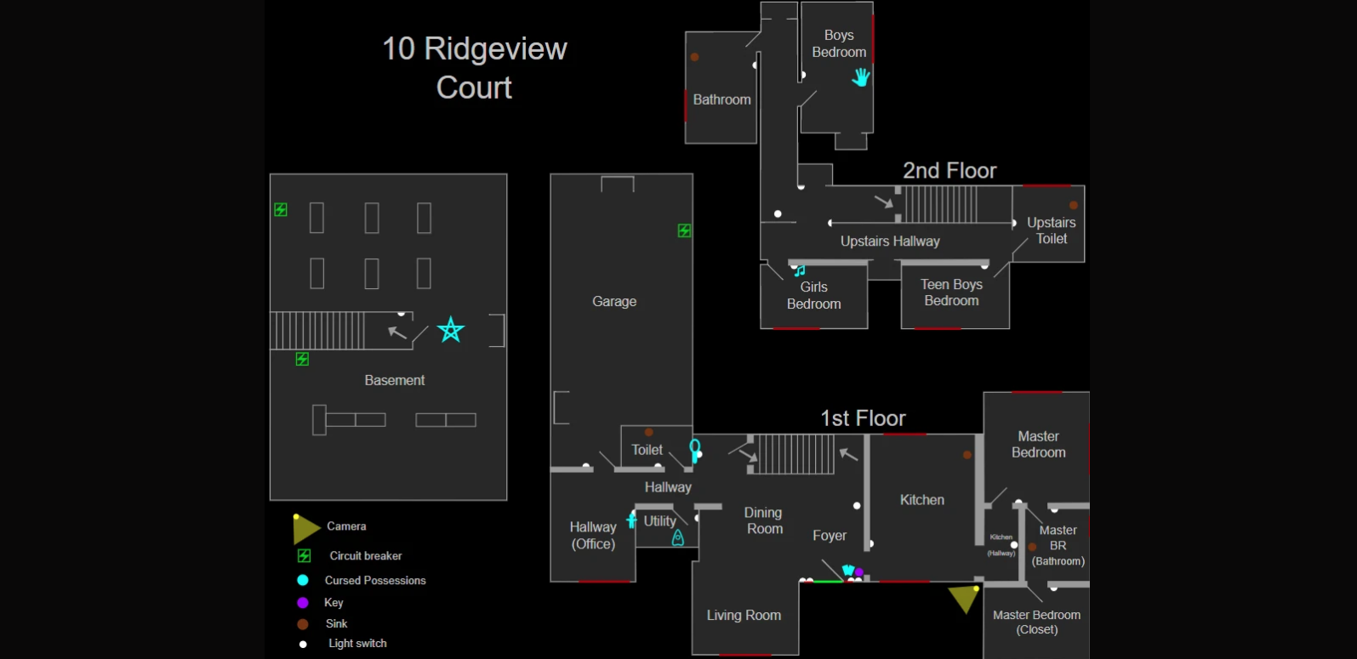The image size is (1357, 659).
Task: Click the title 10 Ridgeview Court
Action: pyautogui.click(x=474, y=68)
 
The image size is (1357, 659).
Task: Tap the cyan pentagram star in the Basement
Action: pyautogui.click(x=451, y=329)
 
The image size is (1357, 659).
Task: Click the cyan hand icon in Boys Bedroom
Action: pyautogui.click(x=861, y=77)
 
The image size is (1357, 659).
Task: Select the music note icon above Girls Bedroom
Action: pyautogui.click(x=800, y=271)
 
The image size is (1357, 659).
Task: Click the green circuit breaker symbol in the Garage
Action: pyautogui.click(x=684, y=230)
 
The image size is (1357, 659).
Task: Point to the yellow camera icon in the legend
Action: pyautogui.click(x=305, y=528)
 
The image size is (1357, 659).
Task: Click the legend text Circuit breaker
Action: pyautogui.click(x=366, y=556)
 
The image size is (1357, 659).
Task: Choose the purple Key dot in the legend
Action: pyautogui.click(x=303, y=603)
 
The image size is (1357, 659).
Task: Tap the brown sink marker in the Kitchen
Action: pyautogui.click(x=967, y=455)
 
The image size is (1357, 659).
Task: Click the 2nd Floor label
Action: pyautogui.click(x=949, y=171)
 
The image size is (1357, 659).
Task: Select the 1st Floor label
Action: pyautogui.click(x=863, y=418)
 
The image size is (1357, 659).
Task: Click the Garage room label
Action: pyautogui.click(x=614, y=302)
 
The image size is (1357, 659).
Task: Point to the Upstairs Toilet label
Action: pyautogui.click(x=1052, y=230)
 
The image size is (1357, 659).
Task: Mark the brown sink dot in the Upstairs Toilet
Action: pyautogui.click(x=1074, y=205)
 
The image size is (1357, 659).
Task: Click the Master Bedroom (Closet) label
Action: pyautogui.click(x=1036, y=622)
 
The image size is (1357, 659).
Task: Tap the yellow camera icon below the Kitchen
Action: pyautogui.click(x=964, y=597)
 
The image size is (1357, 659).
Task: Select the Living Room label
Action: pyautogui.click(x=744, y=616)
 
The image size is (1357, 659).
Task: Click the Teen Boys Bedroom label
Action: pyautogui.click(x=951, y=293)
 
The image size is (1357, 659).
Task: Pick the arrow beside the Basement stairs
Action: pyautogui.click(x=397, y=332)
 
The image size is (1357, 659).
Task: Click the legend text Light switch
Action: pyautogui.click(x=357, y=644)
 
